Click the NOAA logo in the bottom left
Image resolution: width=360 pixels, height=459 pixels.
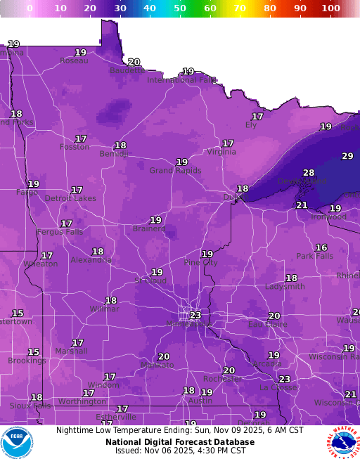(17, 442)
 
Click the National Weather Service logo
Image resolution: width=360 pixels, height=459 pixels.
(342, 442)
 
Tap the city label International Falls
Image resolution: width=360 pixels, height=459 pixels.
(181, 80)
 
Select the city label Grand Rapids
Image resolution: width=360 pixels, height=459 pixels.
(175, 170)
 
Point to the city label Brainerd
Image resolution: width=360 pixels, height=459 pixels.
(149, 228)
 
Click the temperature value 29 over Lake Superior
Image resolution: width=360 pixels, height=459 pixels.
(347, 156)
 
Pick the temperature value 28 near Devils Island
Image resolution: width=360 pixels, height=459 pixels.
(309, 173)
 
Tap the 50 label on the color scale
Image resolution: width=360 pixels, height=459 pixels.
(180, 8)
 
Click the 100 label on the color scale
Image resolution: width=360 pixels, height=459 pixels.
(330, 8)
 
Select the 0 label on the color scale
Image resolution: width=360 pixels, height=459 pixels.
(30, 8)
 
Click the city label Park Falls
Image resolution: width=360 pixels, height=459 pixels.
(314, 256)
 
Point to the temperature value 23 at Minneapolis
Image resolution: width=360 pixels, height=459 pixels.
(195, 316)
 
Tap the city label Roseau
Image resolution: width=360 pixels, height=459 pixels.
(74, 60)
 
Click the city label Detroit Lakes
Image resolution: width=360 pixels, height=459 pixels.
(70, 198)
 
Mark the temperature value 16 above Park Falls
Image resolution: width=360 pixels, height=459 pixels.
(321, 247)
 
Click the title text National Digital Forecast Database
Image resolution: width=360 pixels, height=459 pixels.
(180, 441)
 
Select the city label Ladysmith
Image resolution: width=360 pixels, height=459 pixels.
(285, 287)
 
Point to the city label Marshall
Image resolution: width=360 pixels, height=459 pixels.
(72, 351)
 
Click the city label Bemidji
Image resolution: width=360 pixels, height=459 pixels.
(112, 154)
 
